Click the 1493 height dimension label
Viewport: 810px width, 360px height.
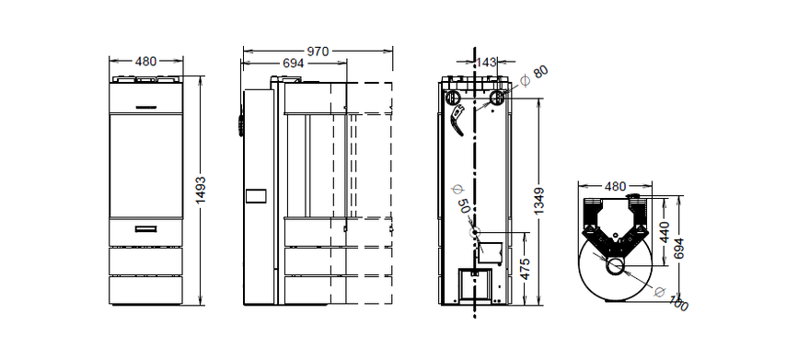pos(201,190)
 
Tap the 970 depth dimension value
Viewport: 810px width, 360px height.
pos(318,52)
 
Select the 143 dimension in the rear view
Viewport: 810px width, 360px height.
pos(486,62)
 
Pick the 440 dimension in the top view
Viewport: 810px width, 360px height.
pos(665,232)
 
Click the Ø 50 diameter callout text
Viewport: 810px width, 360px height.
pos(461,198)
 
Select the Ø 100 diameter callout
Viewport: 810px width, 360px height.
pos(672,298)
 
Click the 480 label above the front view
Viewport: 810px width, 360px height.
pos(145,62)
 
